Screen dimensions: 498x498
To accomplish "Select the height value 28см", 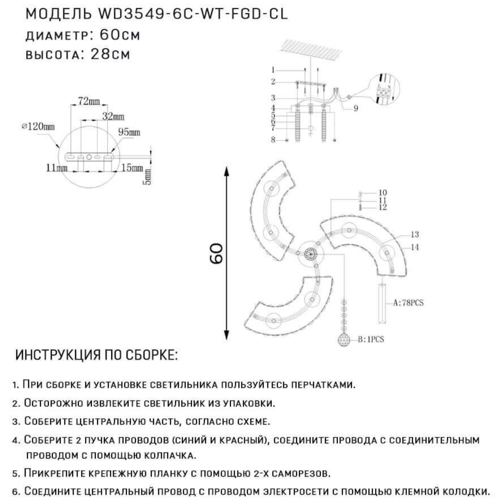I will [110, 54].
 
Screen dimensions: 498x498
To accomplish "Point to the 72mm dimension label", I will [89, 101].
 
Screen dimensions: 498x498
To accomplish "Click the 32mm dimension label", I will [113, 117].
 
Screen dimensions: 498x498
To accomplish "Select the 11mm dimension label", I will [57, 168].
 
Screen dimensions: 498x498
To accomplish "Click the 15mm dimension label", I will [132, 168].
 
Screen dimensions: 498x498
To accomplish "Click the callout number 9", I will [356, 108].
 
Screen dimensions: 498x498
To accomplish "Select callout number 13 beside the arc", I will [415, 234].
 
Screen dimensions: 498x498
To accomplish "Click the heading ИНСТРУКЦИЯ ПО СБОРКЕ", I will [97, 355].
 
